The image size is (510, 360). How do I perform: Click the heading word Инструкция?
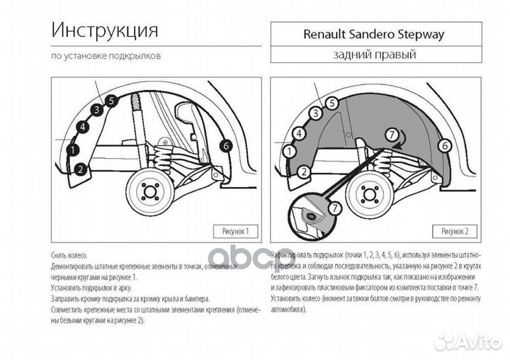(104, 32)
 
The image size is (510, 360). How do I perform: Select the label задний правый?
(373, 55)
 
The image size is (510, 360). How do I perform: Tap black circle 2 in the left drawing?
(81, 169)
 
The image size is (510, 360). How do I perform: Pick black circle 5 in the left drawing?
(110, 101)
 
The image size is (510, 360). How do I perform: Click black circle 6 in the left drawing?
(226, 145)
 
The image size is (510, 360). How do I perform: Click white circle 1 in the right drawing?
(289, 150)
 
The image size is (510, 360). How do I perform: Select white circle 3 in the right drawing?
(315, 113)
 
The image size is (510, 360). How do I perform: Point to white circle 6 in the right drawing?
(446, 146)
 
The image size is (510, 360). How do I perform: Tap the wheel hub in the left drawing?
(149, 193)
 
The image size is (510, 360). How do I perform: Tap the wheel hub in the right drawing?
(369, 193)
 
